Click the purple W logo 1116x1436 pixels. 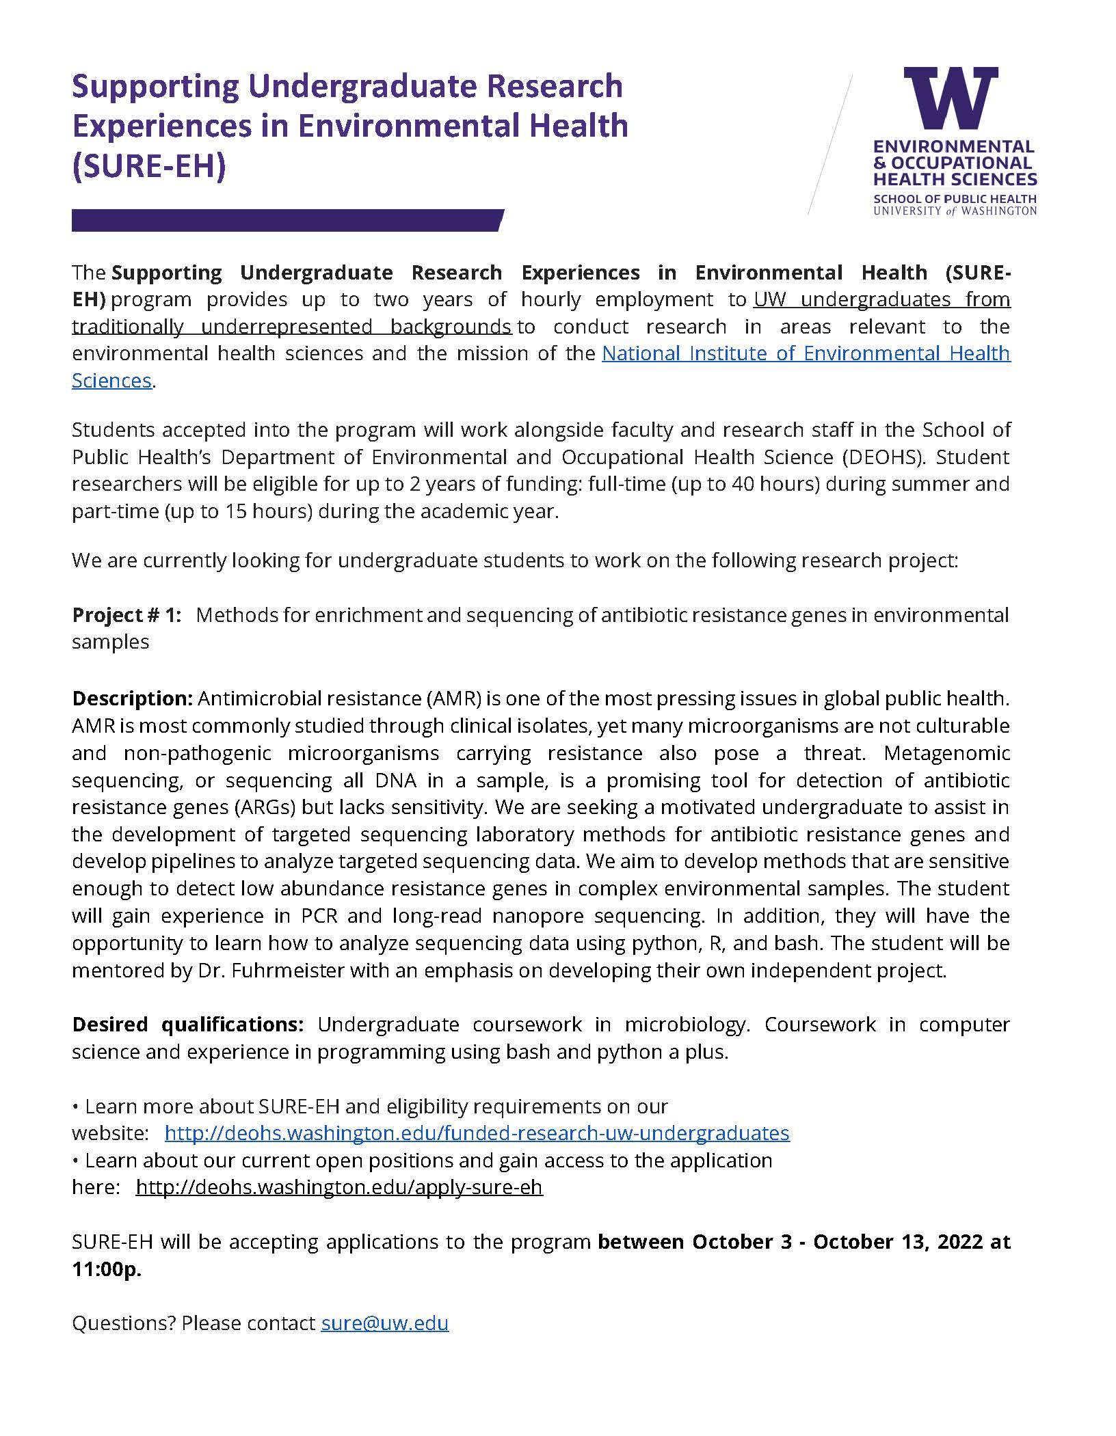coord(951,98)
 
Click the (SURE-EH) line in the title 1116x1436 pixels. coord(148,166)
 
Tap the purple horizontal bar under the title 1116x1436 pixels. coord(287,221)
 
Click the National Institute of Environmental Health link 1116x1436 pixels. coord(806,353)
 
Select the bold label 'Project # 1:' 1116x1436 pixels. coord(127,615)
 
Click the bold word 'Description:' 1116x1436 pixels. coord(133,699)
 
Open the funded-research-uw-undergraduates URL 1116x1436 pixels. coord(477,1133)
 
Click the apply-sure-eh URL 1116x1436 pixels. coord(338,1187)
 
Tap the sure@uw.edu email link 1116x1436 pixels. coord(384,1323)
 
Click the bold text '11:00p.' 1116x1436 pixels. coord(106,1269)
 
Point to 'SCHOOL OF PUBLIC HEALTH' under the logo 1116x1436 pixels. coord(955,200)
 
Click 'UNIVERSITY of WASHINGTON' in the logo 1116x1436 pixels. coord(955,211)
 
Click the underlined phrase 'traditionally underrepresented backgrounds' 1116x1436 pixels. coord(291,327)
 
